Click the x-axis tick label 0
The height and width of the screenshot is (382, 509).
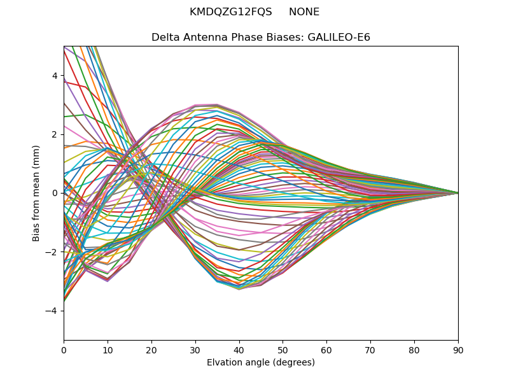tap(64, 350)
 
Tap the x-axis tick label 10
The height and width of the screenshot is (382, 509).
tap(108, 350)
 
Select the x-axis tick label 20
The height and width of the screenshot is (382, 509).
tap(151, 350)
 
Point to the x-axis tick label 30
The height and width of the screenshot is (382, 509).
tap(195, 350)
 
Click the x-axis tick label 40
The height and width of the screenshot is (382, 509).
tap(239, 350)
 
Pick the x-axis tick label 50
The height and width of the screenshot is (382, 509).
tap(282, 350)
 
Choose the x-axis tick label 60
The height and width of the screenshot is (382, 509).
tap(326, 350)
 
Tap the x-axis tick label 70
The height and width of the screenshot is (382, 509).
tap(370, 350)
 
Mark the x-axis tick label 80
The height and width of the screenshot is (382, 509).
tap(414, 350)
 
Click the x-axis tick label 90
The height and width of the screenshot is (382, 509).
tap(458, 350)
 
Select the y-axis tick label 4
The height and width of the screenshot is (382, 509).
tap(55, 76)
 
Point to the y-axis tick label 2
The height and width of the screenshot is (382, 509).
tap(55, 134)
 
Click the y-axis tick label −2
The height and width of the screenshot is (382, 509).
tap(52, 252)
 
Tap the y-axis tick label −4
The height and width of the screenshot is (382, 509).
tap(52, 311)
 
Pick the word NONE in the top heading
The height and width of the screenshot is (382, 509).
tap(304, 12)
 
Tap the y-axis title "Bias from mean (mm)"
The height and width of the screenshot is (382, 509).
tap(37, 192)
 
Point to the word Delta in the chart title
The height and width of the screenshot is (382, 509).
tap(165, 38)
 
